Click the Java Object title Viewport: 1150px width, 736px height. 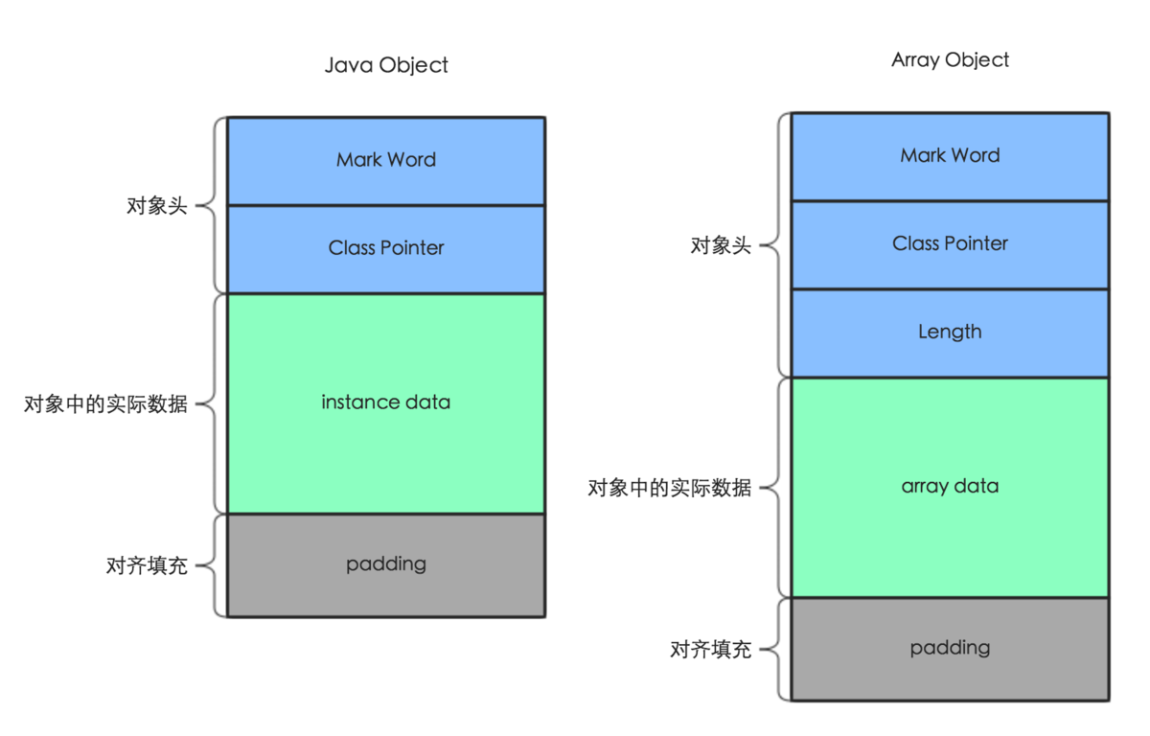click(386, 65)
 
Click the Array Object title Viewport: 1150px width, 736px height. click(950, 59)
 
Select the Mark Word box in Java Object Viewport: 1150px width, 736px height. click(386, 160)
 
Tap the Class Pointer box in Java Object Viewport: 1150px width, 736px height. click(386, 248)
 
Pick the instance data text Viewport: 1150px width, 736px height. click(386, 402)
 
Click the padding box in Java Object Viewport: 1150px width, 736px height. click(386, 564)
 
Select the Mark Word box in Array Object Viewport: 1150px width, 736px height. click(950, 155)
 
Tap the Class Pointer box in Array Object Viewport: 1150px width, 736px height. click(950, 243)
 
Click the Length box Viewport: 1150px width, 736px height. click(950, 332)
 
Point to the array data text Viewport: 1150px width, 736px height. click(950, 486)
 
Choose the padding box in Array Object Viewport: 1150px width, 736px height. click(950, 648)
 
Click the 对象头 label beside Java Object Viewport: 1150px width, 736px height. click(157, 206)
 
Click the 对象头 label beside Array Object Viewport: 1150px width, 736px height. click(721, 246)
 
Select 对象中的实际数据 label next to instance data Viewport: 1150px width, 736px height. click(105, 404)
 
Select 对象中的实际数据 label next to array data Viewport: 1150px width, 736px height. click(669, 489)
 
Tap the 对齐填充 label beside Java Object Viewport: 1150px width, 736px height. click(147, 565)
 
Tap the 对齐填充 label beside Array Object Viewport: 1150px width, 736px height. click(710, 650)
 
